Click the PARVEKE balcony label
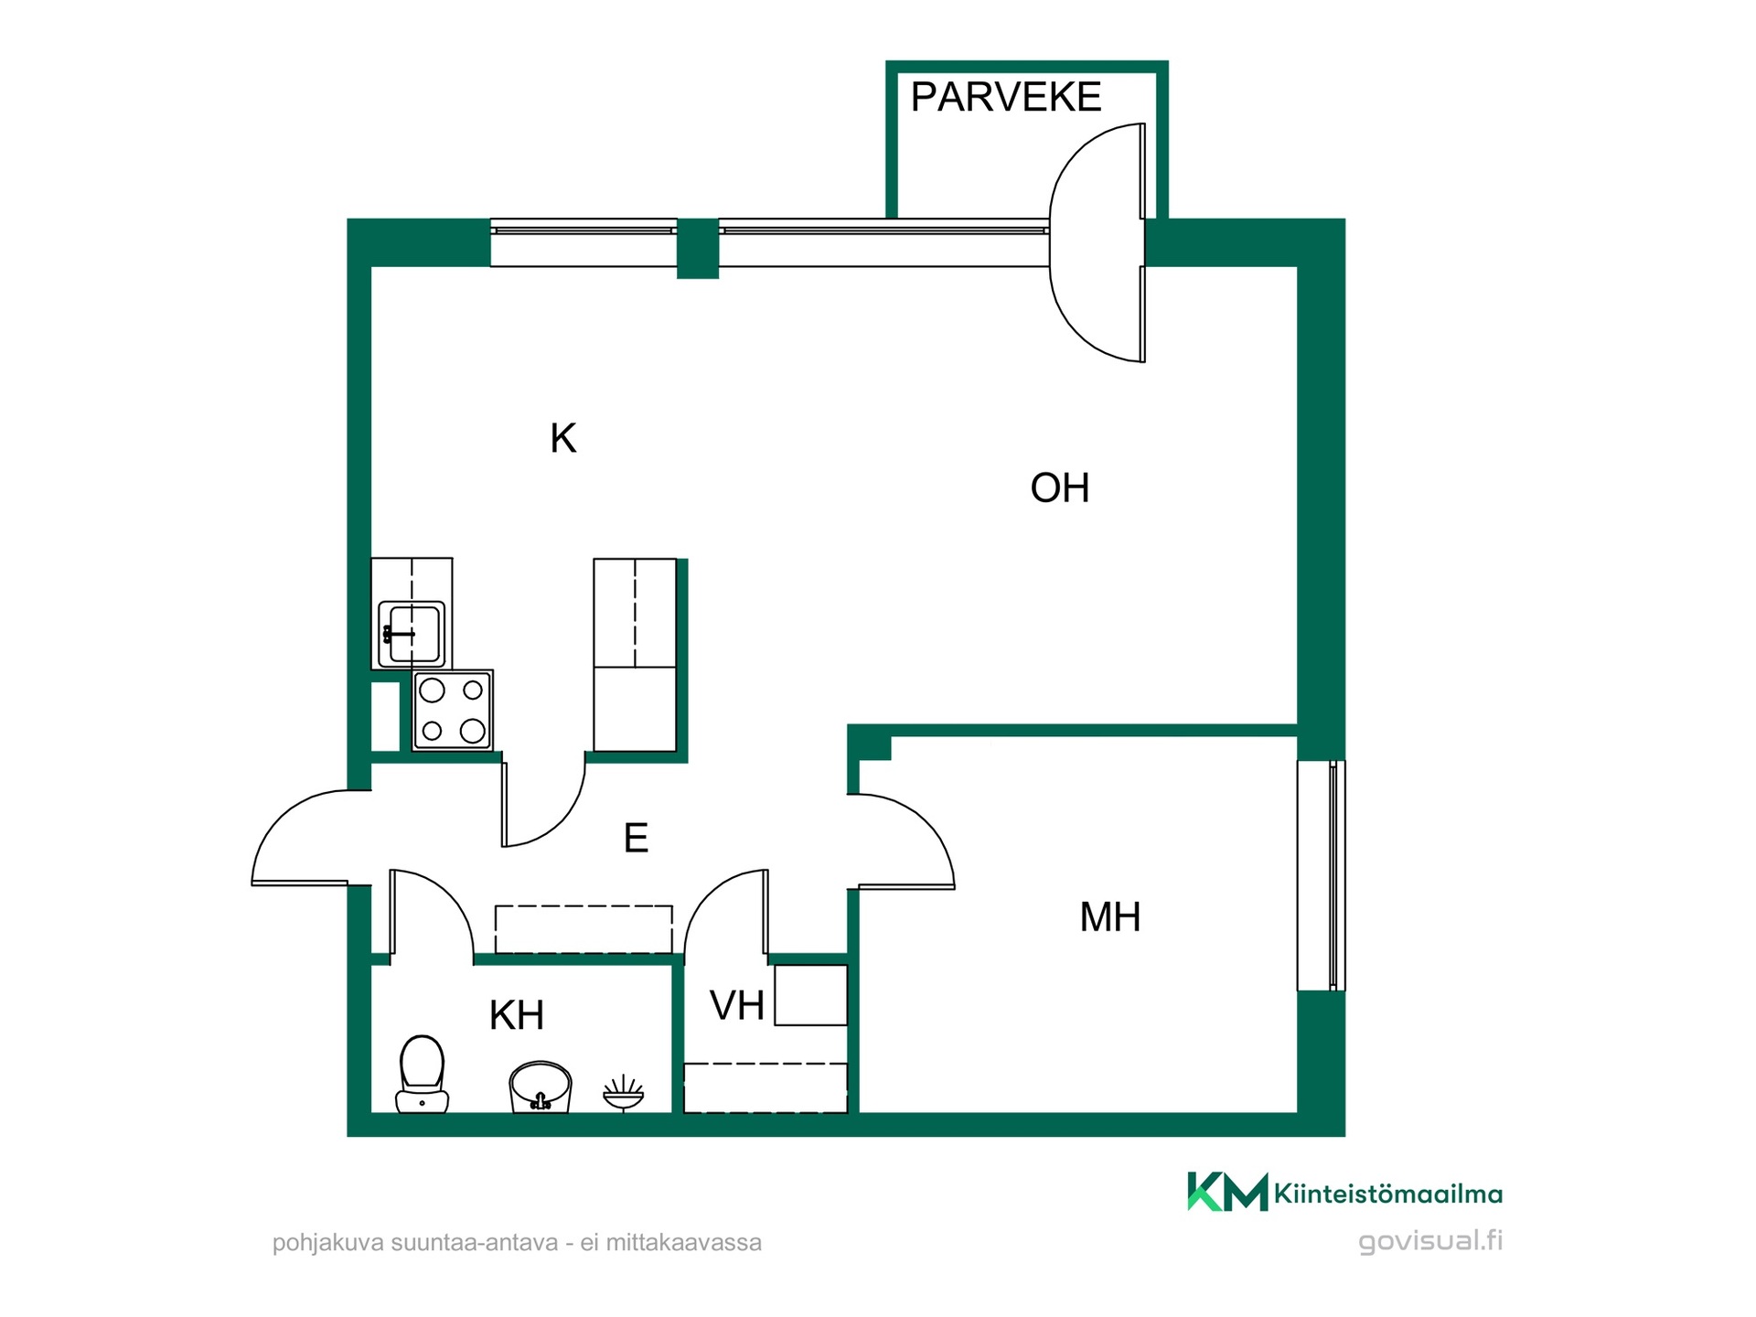1006,97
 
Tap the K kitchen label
563,439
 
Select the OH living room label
1060,488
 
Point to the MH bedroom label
1110,917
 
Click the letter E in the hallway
636,838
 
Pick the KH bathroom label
517,1015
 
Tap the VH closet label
737,1006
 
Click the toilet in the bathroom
422,1074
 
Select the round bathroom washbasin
541,1087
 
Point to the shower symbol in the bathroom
624,1094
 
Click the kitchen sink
412,633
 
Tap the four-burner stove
453,711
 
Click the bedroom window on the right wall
1322,875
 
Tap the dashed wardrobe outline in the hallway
584,929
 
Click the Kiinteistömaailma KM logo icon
1227,1192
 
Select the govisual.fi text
1430,1241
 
